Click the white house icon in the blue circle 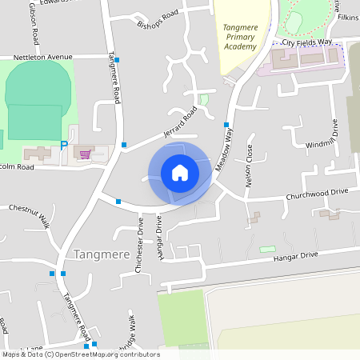point(179,172)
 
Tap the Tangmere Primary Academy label point(239,38)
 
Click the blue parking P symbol point(64,145)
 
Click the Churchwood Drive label point(318,193)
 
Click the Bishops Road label point(158,21)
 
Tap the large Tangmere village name point(102,254)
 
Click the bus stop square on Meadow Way point(226,125)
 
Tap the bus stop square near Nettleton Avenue point(117,60)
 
